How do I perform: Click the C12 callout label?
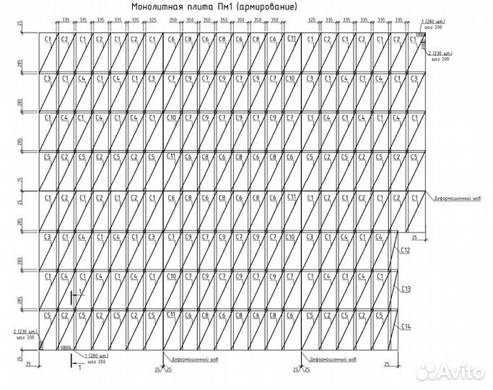406,250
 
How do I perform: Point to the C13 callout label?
406,289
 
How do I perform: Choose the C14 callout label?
406,328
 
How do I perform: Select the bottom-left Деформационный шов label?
186,358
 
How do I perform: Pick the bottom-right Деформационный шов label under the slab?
331,358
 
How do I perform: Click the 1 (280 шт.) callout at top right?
435,24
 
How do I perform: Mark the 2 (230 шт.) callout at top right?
440,53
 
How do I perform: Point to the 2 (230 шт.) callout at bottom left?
25,331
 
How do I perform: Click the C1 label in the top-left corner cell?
48,38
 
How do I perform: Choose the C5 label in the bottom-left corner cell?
48,316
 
